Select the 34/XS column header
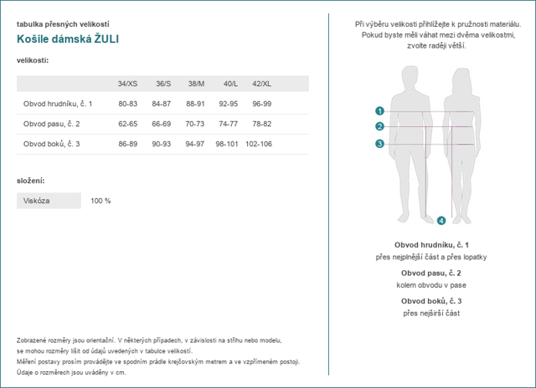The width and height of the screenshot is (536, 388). pos(128,84)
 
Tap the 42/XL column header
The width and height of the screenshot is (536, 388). pos(262,84)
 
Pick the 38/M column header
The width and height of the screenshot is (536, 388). pos(195,84)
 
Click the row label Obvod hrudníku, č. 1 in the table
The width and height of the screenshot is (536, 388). pos(58,104)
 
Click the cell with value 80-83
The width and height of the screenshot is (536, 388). pos(128,104)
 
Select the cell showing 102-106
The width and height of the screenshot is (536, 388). pos(259,144)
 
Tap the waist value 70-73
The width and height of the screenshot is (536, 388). pos(195,124)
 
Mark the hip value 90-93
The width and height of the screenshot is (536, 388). pos(162,144)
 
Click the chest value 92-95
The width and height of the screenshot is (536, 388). pos(229,104)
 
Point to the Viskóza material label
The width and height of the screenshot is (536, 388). pos(37,201)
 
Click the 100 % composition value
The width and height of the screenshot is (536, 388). pos(100,201)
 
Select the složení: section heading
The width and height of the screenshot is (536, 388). pos(31,181)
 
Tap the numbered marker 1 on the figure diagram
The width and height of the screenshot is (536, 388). pos(379,110)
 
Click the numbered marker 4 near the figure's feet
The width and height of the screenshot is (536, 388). pos(441,221)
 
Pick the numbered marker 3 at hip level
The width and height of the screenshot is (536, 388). pos(379,144)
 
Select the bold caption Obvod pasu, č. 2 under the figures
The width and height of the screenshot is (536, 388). pos(431,273)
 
